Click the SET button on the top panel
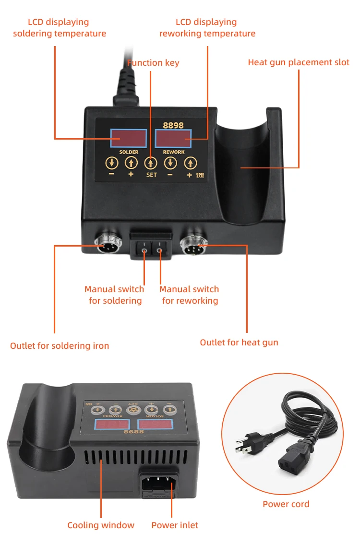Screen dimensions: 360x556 coord(151,163)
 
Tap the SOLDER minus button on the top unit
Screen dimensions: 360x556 coord(111,163)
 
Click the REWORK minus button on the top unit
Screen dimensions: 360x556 coord(170,163)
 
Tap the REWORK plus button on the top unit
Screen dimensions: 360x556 coord(191,163)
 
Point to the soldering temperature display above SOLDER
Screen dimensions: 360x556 coord(129,139)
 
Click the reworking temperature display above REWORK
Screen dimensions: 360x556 coord(173,139)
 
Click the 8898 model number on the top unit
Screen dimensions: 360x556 coord(173,125)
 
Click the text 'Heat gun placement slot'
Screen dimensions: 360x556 coord(299,62)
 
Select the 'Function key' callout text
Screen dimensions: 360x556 coord(153,62)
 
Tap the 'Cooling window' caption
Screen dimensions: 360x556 coord(101,525)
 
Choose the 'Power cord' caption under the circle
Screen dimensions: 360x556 coord(286,504)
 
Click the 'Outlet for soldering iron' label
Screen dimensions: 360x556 coord(60,345)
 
